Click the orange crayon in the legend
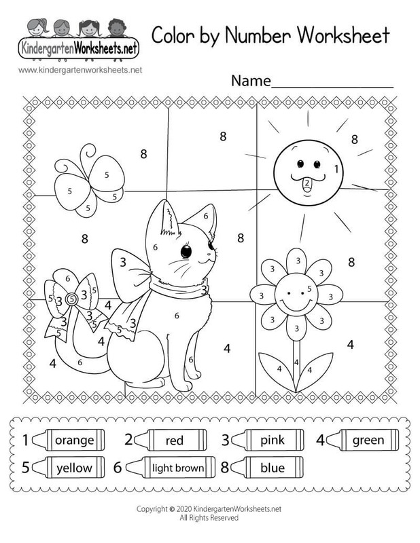[71, 441]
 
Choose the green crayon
[364, 441]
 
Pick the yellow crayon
[71, 468]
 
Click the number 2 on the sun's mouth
[307, 182]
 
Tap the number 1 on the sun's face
[336, 168]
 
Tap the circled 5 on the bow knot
[70, 298]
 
